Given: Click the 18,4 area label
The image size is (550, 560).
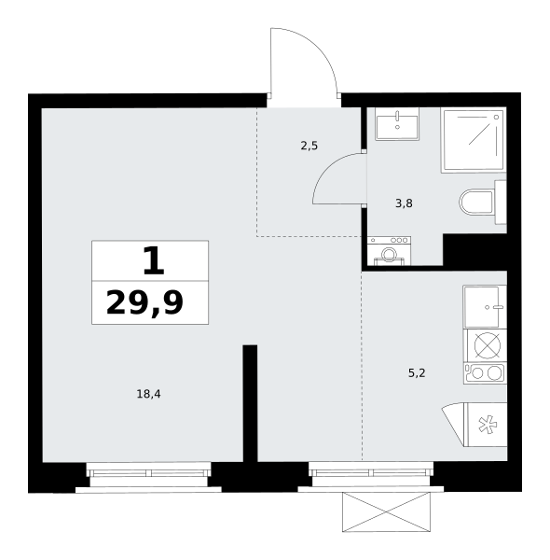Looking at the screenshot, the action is click(x=149, y=394).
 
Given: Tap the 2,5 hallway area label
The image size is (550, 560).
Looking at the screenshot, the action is click(x=309, y=146).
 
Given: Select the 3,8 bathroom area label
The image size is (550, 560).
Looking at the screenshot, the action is click(x=404, y=203).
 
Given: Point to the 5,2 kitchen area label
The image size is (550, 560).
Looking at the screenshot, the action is click(x=417, y=373).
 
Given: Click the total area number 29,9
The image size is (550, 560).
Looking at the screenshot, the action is click(x=144, y=302).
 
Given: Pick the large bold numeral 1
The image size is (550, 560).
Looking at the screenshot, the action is click(x=154, y=261).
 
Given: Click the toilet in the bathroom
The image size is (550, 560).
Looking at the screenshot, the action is click(x=483, y=203).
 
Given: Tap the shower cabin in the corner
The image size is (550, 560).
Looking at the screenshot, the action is click(x=474, y=140).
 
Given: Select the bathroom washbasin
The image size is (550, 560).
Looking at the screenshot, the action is click(x=397, y=125).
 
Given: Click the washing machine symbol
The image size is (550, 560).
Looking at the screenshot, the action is click(x=389, y=251).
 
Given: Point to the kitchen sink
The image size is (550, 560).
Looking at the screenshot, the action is click(x=484, y=306).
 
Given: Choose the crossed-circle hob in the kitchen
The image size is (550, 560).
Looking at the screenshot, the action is click(x=488, y=345).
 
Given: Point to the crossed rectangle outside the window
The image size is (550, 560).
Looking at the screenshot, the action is click(x=386, y=511).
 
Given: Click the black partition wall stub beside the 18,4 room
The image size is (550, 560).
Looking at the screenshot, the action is click(x=250, y=403).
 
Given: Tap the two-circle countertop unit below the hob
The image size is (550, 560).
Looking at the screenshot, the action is click(x=485, y=373).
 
